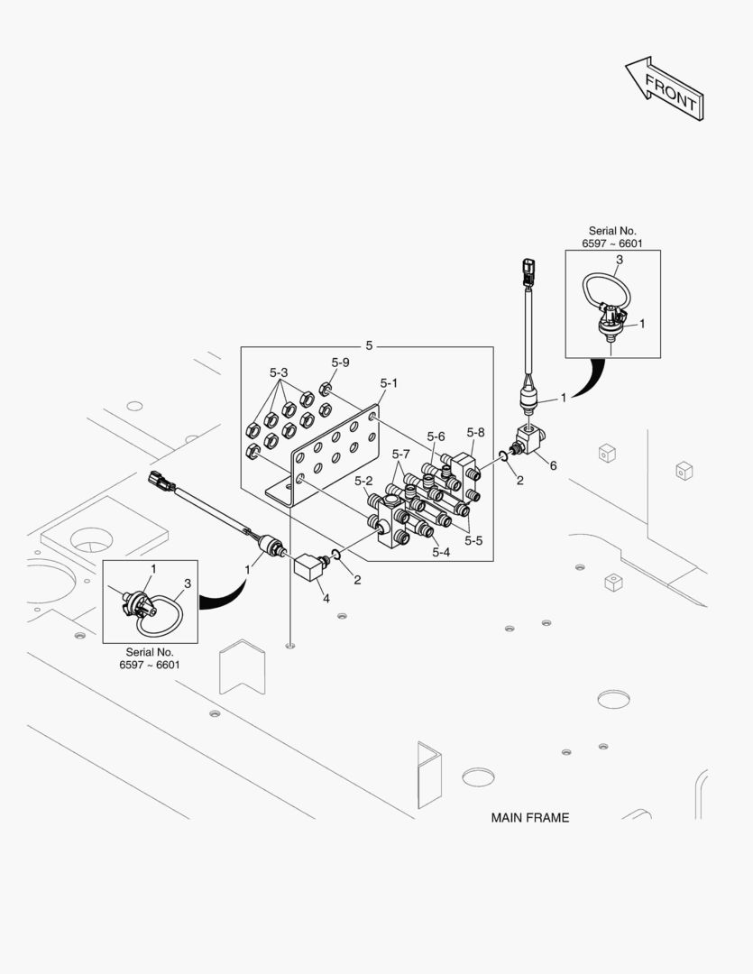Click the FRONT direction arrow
point(665,88)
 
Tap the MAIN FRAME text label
point(529,818)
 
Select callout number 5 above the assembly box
point(369,345)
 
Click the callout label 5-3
point(279,372)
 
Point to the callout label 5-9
point(339,363)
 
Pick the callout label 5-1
point(388,383)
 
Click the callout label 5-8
point(475,432)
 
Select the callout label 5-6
point(436,436)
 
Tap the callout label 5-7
point(400,453)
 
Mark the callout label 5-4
point(441,553)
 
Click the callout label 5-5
point(473,540)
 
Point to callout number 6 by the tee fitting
point(553,465)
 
